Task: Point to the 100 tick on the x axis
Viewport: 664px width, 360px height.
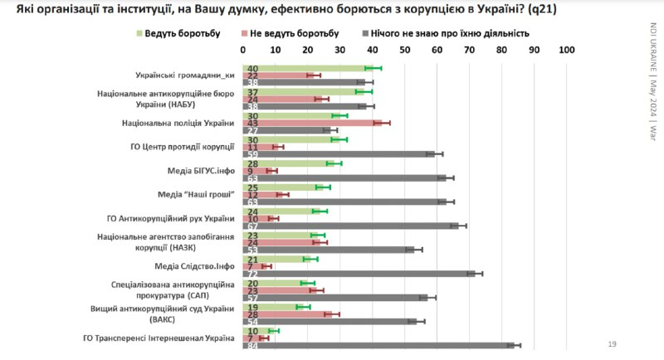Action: [568, 50]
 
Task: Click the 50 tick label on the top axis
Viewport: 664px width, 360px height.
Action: [406, 50]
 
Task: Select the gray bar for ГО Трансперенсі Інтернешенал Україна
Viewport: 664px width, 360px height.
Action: [378, 346]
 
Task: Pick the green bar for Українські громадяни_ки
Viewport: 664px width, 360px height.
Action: [308, 68]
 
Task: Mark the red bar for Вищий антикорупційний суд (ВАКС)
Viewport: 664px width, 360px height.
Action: [288, 314]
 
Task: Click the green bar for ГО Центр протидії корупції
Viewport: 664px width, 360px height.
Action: [291, 139]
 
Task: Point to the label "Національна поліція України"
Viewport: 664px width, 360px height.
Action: [178, 123]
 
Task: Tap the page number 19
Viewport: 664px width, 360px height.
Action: [613, 343]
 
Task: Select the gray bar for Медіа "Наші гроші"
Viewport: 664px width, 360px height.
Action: [344, 202]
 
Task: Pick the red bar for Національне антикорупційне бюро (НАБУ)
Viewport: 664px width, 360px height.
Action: [281, 100]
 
